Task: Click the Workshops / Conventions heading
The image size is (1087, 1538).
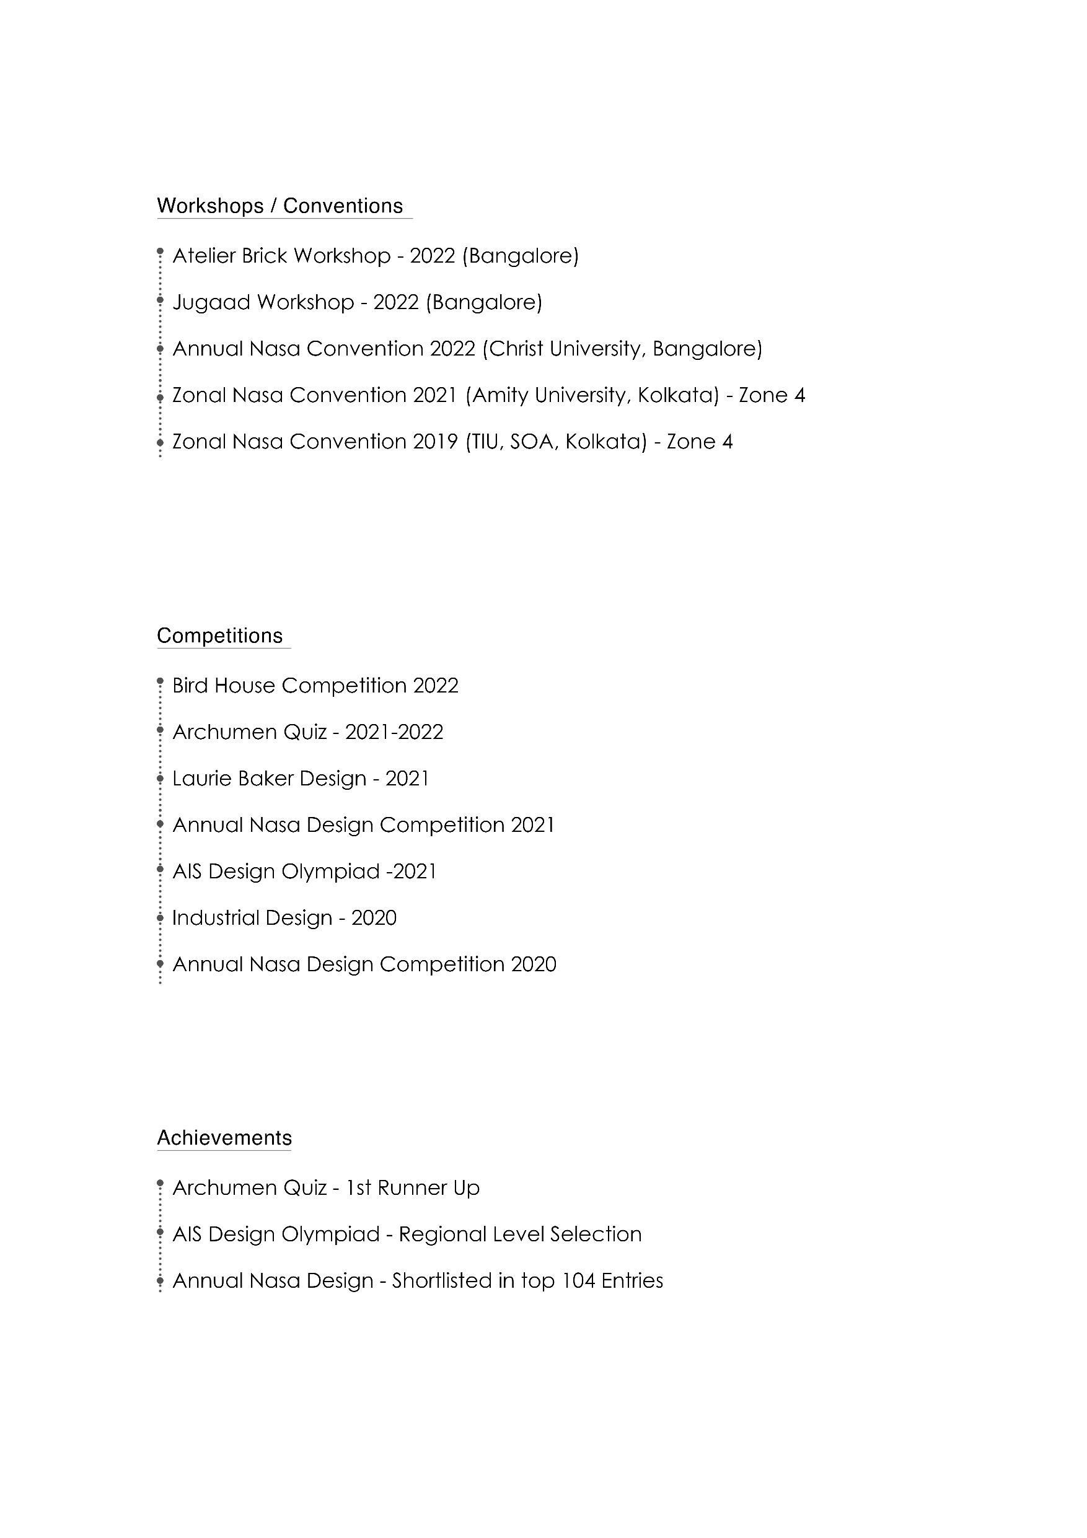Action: coord(279,206)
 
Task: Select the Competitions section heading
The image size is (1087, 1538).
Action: coord(220,636)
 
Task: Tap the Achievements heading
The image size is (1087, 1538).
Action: coord(224,1138)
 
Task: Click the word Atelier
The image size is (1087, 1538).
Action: coord(204,256)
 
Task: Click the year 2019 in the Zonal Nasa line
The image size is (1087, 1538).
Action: coord(435,442)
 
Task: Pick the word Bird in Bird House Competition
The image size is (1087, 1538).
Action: coord(190,686)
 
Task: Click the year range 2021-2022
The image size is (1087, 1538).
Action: coord(394,732)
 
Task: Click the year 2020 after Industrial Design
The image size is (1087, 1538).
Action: coord(374,918)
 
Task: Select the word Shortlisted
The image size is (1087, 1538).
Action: coord(442,1281)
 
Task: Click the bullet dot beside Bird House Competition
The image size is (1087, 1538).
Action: coord(160,681)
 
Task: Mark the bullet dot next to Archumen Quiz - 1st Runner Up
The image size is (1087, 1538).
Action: coord(160,1184)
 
